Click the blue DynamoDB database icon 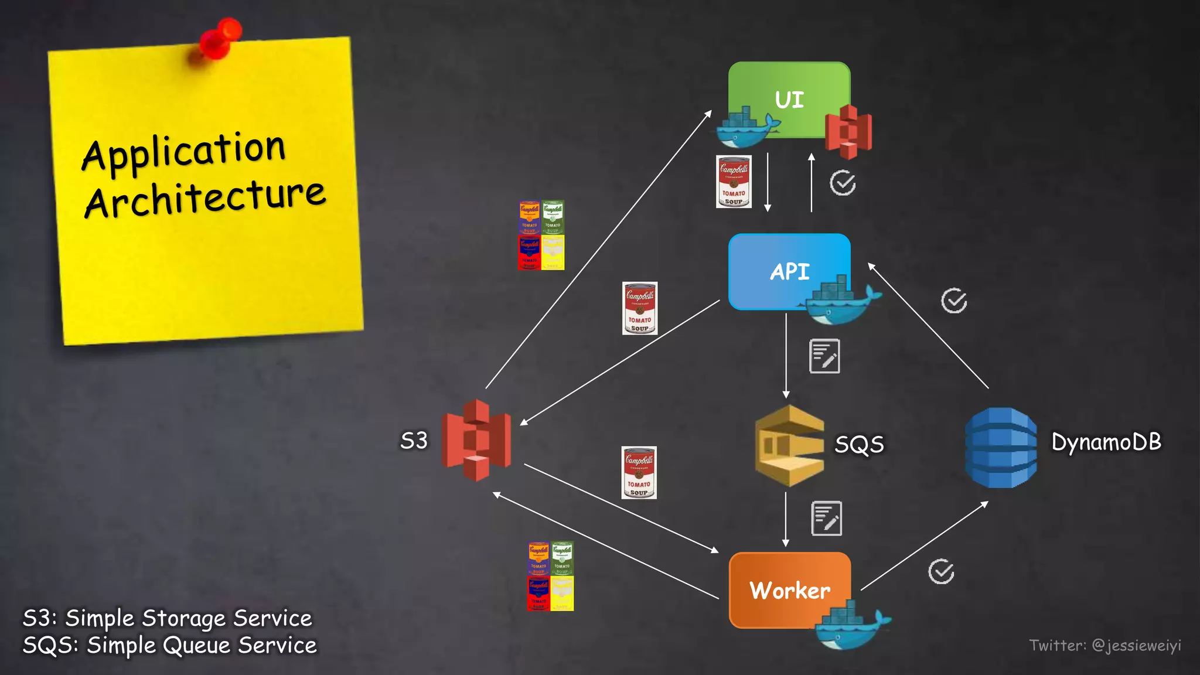pyautogui.click(x=1000, y=448)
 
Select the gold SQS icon pyautogui.click(x=789, y=446)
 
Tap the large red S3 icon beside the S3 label pyautogui.click(x=476, y=440)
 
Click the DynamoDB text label pyautogui.click(x=1106, y=442)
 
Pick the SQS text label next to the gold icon pyautogui.click(x=859, y=444)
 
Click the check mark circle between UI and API pyautogui.click(x=843, y=183)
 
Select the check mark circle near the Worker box pyautogui.click(x=941, y=572)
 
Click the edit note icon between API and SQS pyautogui.click(x=824, y=356)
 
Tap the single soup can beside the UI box pyautogui.click(x=734, y=182)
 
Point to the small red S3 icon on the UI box pyautogui.click(x=848, y=132)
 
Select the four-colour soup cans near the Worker pyautogui.click(x=550, y=576)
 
